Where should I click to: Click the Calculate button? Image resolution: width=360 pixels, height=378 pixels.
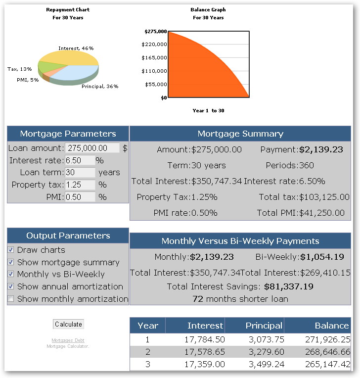coord(68,324)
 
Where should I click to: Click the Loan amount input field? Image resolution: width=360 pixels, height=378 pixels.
coord(92,148)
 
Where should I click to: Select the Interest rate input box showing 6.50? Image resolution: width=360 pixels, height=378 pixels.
coord(80,160)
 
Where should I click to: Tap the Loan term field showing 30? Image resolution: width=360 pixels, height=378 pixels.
coord(80,172)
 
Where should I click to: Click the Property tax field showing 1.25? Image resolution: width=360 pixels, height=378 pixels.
coord(80,185)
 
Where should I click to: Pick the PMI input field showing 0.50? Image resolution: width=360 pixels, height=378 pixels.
coord(80,197)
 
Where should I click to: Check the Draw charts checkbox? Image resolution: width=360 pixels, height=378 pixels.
coord(10,249)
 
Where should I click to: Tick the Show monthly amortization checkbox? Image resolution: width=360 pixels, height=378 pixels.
coord(10,299)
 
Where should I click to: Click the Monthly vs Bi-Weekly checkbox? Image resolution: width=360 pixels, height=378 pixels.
coord(10,274)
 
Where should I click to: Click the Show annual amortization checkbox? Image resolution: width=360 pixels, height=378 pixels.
coord(10,286)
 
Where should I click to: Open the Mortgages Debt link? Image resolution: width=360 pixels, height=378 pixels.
coord(68,340)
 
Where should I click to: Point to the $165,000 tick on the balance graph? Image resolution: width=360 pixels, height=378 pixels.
coord(154,57)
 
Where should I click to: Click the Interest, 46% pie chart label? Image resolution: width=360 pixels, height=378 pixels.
coord(76,48)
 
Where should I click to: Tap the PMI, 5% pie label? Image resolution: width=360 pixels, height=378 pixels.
coord(28,80)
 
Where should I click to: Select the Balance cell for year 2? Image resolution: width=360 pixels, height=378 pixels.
coord(328,352)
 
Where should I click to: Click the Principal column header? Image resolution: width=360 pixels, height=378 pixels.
coord(264,326)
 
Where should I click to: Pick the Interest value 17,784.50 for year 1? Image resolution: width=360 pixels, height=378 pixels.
coord(205,339)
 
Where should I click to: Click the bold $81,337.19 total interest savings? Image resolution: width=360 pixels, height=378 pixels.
coord(289,286)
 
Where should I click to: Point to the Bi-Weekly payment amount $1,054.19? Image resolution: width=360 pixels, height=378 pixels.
coord(322,257)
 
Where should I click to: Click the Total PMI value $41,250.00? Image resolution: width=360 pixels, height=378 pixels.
coord(322,213)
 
